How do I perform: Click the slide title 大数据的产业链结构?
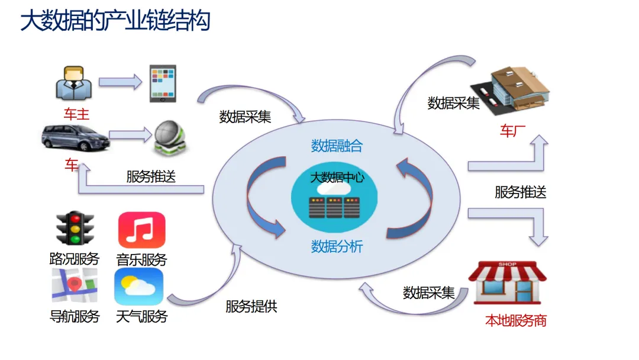coord(115,21)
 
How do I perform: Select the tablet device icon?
coord(163,83)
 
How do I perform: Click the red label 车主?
coord(76,114)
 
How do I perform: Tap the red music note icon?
coord(141,230)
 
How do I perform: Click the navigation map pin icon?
coord(74,286)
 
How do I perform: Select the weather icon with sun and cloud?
coord(139,287)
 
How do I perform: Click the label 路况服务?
coord(75,259)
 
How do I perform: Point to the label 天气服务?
coord(141,316)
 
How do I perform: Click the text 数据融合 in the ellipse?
coord(337,146)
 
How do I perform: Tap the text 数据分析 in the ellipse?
coord(337,246)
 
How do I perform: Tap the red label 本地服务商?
coord(516,321)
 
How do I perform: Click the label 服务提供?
coord(251,307)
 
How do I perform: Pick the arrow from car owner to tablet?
coord(120,81)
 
